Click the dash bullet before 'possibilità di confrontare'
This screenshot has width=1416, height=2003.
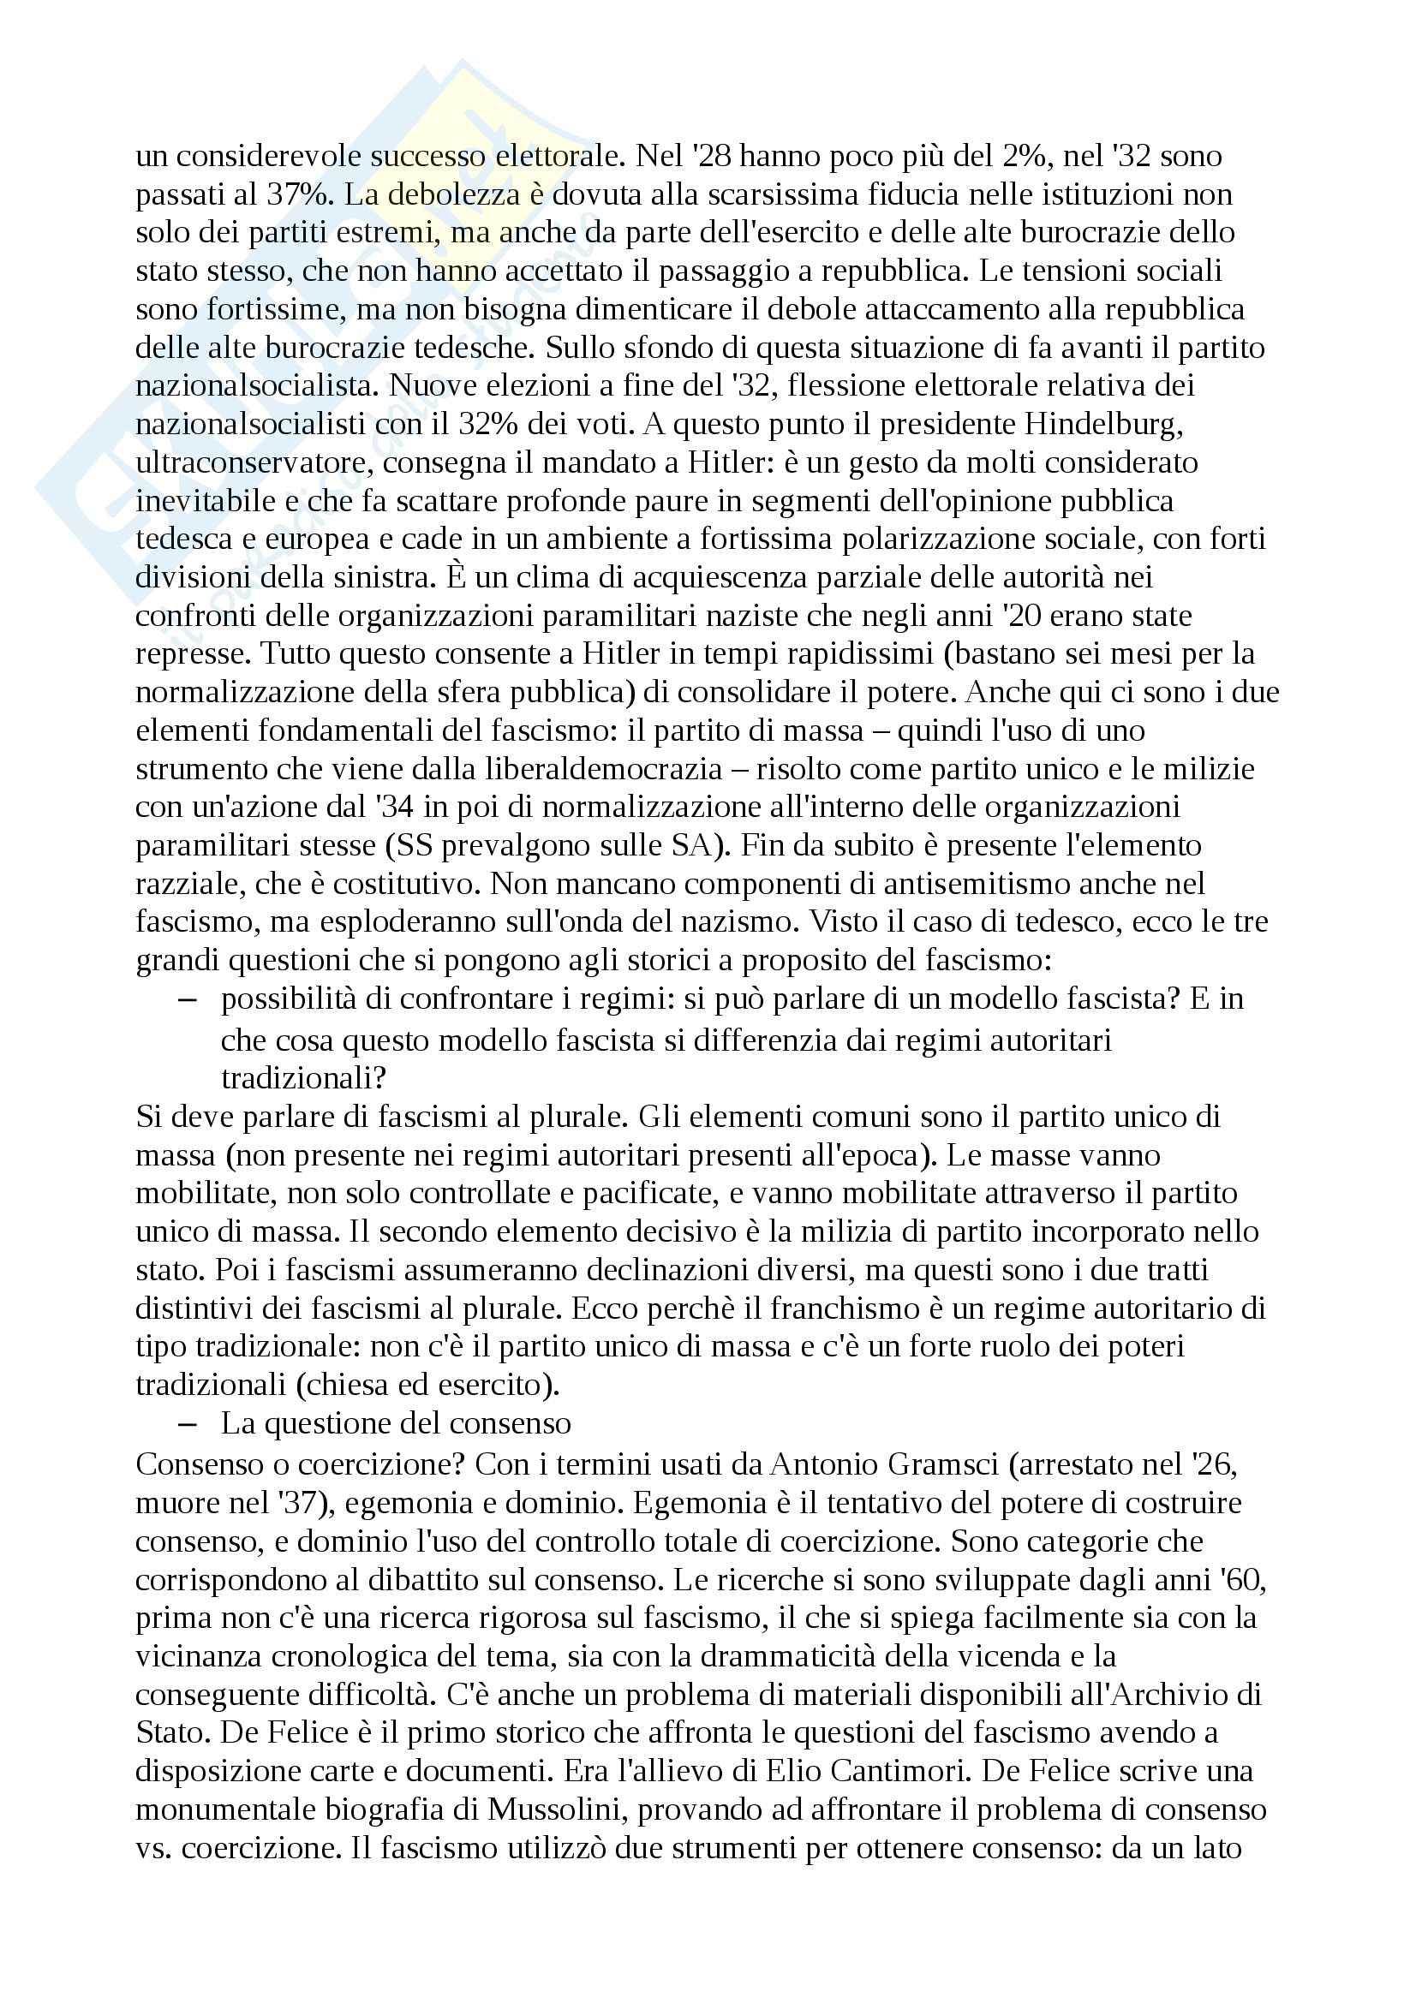pyautogui.click(x=187, y=999)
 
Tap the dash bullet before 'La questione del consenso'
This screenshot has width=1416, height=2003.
pyautogui.click(x=187, y=1425)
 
